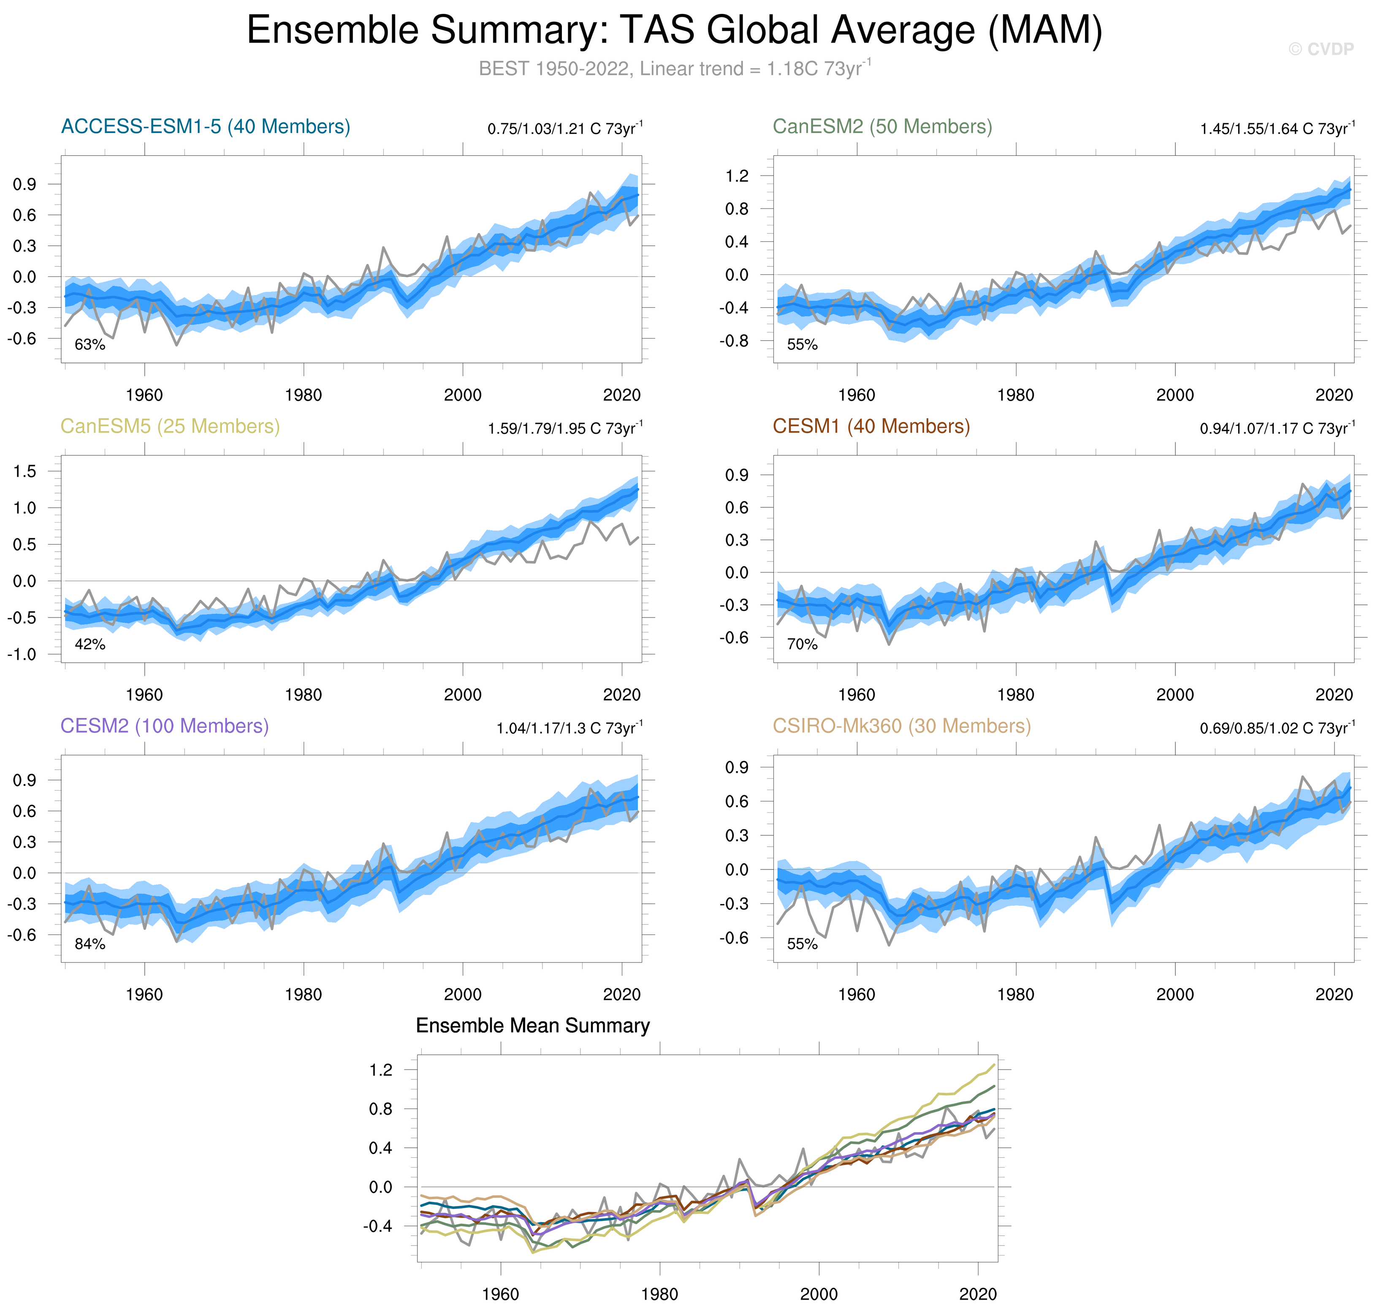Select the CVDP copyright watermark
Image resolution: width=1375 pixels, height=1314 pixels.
click(1321, 49)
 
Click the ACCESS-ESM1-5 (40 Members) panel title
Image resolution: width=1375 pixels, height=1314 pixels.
click(205, 127)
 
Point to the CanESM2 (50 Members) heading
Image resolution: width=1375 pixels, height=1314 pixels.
click(882, 127)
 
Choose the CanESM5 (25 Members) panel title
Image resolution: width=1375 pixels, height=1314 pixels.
click(170, 427)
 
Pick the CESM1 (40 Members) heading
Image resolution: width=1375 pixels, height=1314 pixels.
click(871, 427)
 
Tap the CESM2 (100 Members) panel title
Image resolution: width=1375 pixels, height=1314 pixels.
click(165, 726)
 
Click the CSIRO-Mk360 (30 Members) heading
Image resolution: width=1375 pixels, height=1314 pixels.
click(901, 726)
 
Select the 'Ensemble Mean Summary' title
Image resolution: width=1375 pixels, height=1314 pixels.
click(532, 1026)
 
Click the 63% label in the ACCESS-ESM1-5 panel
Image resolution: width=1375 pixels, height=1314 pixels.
click(89, 344)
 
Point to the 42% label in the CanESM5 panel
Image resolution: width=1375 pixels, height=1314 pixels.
click(89, 645)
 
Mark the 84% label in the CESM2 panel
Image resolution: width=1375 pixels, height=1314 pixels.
click(89, 944)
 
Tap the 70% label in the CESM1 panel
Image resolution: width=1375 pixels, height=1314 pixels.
click(802, 645)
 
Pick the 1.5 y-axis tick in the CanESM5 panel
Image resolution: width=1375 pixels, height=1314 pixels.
click(24, 471)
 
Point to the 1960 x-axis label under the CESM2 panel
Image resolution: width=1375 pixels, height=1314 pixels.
click(144, 994)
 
